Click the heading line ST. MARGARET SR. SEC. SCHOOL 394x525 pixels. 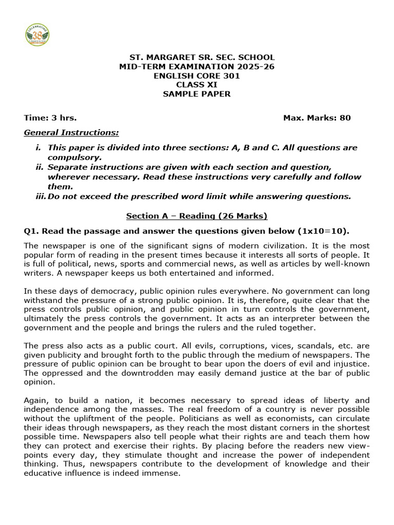tap(196, 57)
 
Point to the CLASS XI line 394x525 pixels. tap(196, 85)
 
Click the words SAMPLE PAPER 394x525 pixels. tap(196, 94)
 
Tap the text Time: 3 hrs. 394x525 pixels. tap(50, 118)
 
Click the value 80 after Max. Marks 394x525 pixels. tap(345, 118)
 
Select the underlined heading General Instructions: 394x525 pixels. tap(71, 133)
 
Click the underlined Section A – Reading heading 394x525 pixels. tap(196, 216)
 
